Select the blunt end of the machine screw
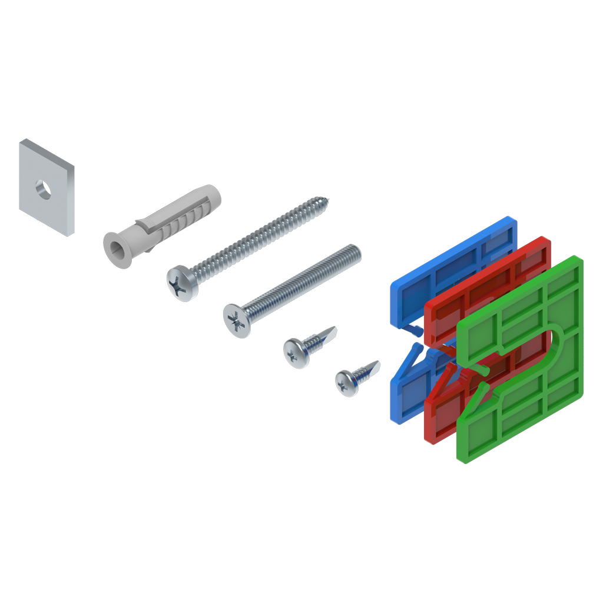click(356, 250)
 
